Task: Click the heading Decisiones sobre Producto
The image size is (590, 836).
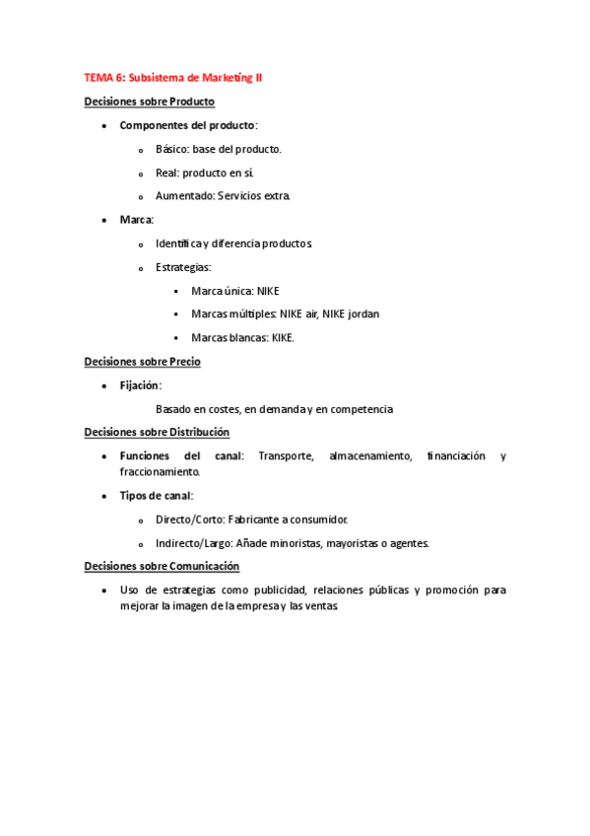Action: click(x=150, y=102)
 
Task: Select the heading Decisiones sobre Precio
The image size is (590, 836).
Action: click(x=143, y=362)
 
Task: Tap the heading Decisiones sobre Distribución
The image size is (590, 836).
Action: click(x=157, y=432)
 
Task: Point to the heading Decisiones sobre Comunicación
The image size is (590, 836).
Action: click(x=162, y=566)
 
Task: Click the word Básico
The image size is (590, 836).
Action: click(x=172, y=149)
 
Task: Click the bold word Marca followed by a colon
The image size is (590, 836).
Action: click(x=136, y=220)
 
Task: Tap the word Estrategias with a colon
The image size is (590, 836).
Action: click(x=182, y=267)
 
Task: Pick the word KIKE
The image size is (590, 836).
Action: click(x=283, y=338)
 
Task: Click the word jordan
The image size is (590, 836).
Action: click(x=361, y=314)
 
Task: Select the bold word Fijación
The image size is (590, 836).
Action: click(x=140, y=385)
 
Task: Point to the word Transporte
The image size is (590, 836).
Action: click(x=287, y=455)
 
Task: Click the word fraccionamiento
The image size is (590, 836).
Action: click(x=159, y=472)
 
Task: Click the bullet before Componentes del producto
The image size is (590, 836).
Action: click(x=104, y=126)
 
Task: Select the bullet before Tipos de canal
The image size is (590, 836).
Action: click(x=104, y=496)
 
